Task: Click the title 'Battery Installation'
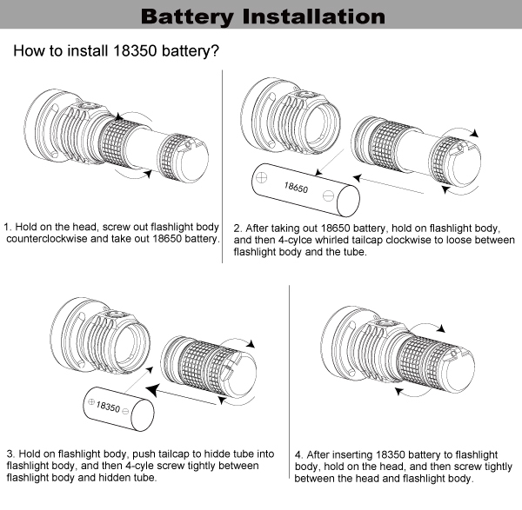[262, 17]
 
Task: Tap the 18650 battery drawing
[304, 189]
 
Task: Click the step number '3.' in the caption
[10, 454]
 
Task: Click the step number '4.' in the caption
[298, 454]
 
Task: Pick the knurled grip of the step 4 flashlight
[427, 361]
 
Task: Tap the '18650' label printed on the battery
[297, 186]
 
